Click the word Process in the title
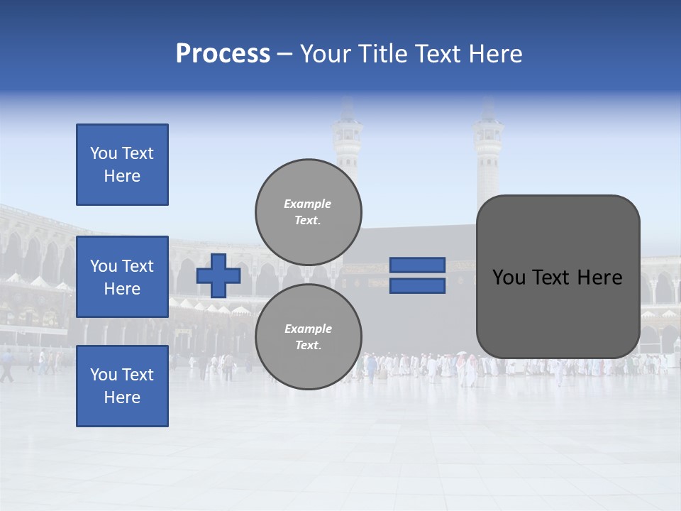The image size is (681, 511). [x=223, y=54]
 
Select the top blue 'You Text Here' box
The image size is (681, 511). [x=122, y=165]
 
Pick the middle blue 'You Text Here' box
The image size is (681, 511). [x=122, y=277]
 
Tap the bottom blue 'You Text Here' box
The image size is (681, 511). [x=122, y=385]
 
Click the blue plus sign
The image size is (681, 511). [x=218, y=275]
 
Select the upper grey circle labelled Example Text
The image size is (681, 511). [x=309, y=211]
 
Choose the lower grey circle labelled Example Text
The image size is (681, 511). [x=309, y=336]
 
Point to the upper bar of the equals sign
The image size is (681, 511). [x=417, y=265]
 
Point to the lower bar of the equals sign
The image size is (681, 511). [x=417, y=285]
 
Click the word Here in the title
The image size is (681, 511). [x=497, y=54]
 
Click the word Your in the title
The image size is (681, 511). [x=325, y=54]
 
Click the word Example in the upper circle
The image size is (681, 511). [x=308, y=204]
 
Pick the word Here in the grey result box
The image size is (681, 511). [x=599, y=278]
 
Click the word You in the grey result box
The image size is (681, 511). [x=509, y=278]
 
